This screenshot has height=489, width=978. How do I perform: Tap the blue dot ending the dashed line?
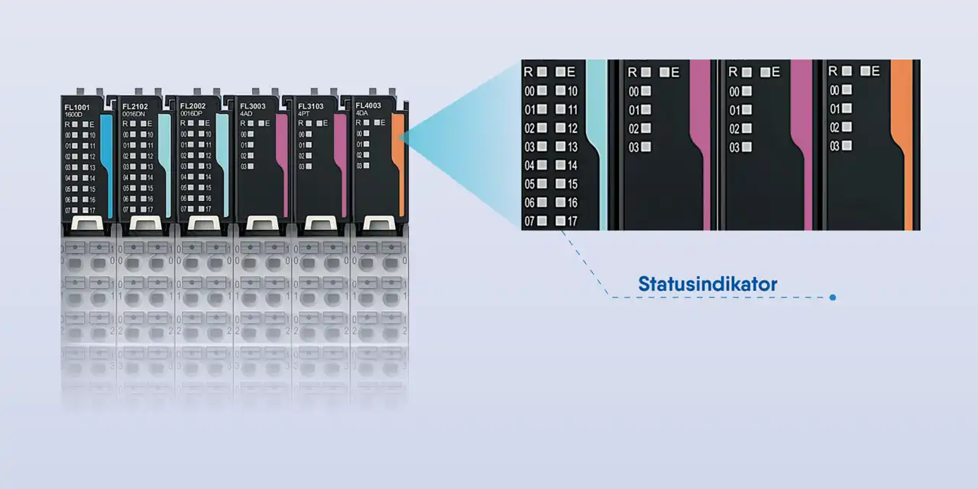832,297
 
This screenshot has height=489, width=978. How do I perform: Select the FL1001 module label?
77,107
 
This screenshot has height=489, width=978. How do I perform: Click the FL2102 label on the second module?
135,107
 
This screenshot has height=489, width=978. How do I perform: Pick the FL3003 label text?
253,107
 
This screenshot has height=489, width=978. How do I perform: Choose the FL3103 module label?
311,107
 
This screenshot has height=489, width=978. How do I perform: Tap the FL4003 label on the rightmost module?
368,106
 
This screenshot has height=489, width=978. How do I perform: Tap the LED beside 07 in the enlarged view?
542,222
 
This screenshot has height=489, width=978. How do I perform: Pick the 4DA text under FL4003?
362,114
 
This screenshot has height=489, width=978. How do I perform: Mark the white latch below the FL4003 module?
378,223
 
